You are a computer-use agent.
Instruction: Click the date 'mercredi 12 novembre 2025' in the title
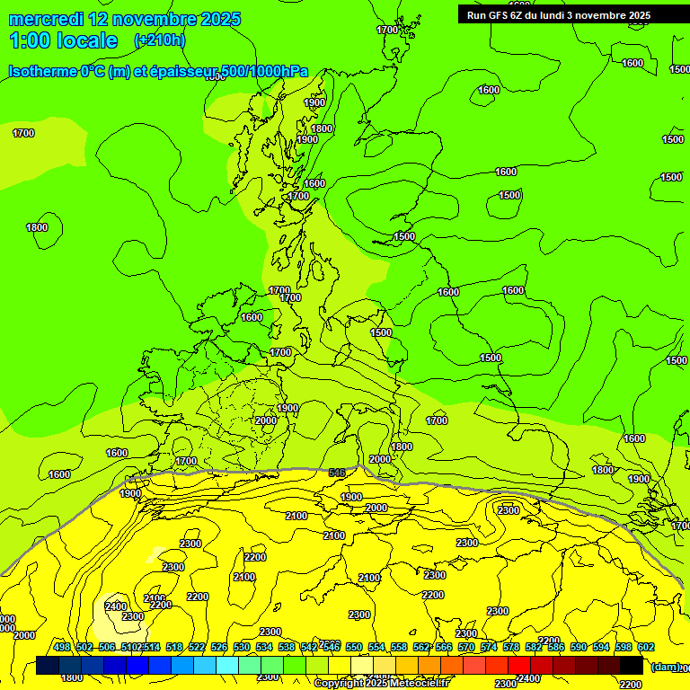point(124,19)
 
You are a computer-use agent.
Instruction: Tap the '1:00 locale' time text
point(63,40)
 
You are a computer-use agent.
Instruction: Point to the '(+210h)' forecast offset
point(159,40)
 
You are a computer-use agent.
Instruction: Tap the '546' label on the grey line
point(337,473)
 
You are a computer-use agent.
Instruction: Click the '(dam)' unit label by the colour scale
point(665,666)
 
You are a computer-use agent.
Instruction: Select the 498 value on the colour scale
point(62,647)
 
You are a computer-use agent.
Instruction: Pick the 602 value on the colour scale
point(646,647)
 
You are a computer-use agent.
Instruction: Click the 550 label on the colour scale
point(354,647)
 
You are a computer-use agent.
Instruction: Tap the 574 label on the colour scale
point(489,647)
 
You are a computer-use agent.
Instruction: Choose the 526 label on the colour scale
point(219,647)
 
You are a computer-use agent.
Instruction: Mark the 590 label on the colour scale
point(579,647)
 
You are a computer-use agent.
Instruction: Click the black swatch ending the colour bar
point(632,666)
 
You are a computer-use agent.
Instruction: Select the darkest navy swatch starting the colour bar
point(48,666)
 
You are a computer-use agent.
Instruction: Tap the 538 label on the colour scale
point(287,647)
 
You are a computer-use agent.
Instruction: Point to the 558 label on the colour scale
point(399,647)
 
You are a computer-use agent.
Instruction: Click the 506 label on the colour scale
point(107,647)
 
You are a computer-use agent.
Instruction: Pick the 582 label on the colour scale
point(534,647)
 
